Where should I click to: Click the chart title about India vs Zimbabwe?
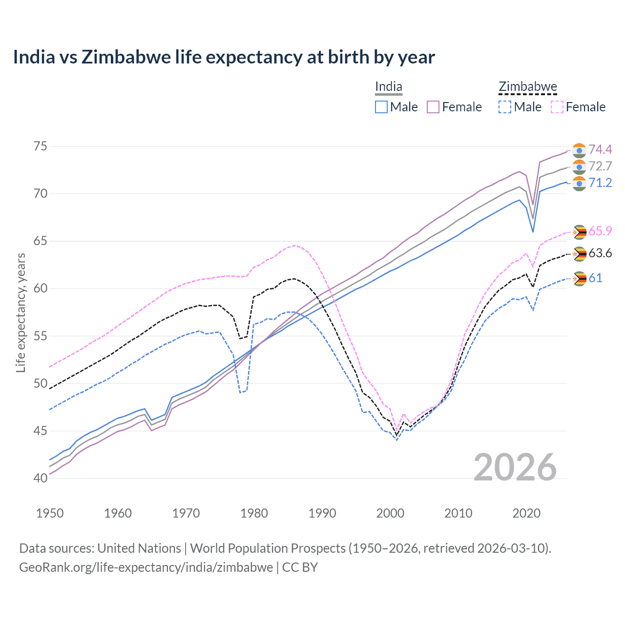(x=224, y=57)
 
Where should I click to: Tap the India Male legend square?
(x=381, y=107)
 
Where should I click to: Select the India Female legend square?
(x=433, y=107)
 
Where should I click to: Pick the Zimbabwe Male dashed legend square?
(x=505, y=107)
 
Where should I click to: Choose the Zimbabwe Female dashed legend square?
(x=557, y=107)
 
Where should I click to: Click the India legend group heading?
(x=389, y=87)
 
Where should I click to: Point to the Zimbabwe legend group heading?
(x=528, y=87)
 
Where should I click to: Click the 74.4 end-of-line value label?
(x=600, y=149)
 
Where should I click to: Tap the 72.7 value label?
(x=600, y=166)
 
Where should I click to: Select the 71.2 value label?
(x=600, y=183)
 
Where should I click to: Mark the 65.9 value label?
(x=600, y=231)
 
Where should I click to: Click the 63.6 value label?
(x=600, y=253)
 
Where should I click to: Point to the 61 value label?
(x=595, y=278)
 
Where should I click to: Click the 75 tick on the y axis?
(x=41, y=146)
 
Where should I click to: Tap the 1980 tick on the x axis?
(x=254, y=513)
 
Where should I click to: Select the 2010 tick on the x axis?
(x=458, y=513)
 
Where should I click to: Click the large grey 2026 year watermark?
(x=515, y=467)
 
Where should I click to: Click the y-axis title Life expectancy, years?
(x=21, y=312)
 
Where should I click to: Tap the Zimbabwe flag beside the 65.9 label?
(x=579, y=232)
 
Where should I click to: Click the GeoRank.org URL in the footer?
(x=146, y=567)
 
